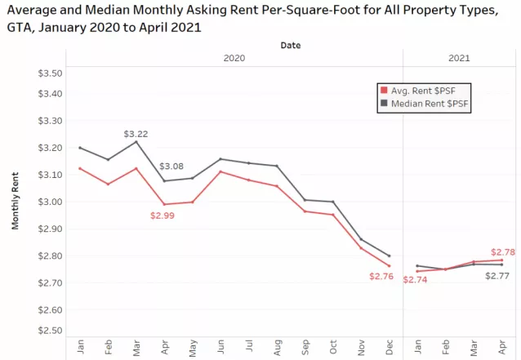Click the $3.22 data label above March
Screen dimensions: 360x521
[136, 133]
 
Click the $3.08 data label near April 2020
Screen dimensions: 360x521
[171, 166]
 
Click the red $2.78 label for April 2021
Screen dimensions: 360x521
[503, 252]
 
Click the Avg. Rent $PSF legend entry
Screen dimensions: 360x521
[422, 90]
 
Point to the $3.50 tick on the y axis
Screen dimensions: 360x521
[51, 73]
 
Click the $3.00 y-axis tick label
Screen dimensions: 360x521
[51, 202]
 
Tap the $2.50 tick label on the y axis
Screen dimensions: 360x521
[51, 331]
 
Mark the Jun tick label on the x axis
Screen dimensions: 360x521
[220, 345]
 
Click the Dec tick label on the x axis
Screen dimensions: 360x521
[389, 345]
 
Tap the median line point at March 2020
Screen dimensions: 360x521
[136, 141]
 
